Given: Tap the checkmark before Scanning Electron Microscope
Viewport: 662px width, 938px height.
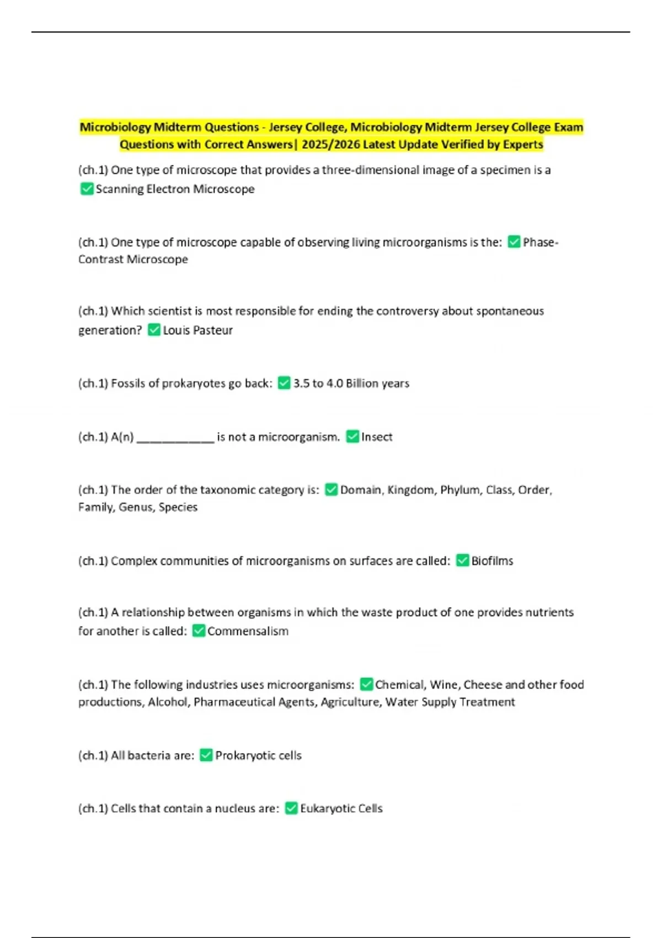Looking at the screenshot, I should [x=87, y=189].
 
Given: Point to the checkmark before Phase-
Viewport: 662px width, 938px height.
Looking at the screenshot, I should [x=514, y=242].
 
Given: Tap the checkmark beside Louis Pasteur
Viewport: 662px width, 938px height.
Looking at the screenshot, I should [x=154, y=330].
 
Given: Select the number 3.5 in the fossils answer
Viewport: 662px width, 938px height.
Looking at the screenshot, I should [x=301, y=383].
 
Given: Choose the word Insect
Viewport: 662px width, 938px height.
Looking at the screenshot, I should [x=377, y=437].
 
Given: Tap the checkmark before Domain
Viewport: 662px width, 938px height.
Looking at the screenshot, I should [x=331, y=489].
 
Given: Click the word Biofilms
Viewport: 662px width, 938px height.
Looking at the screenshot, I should [x=492, y=561].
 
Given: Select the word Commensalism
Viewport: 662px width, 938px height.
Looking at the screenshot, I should [x=248, y=631].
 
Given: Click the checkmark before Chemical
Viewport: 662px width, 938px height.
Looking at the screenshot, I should [x=366, y=684].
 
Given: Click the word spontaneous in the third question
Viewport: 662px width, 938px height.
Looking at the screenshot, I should [x=510, y=311].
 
